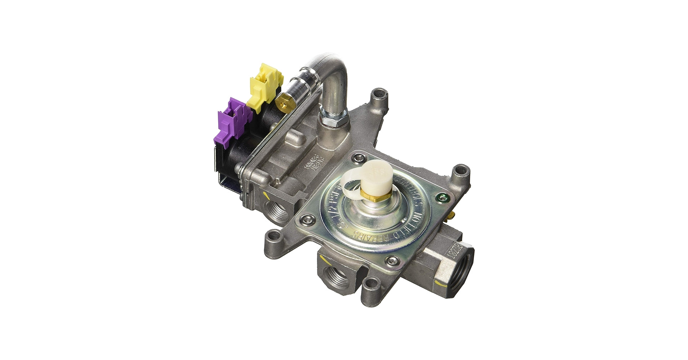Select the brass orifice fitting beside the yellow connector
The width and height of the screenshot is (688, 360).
pyautogui.click(x=284, y=102)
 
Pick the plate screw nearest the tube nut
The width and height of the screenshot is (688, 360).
pyautogui.click(x=358, y=158)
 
